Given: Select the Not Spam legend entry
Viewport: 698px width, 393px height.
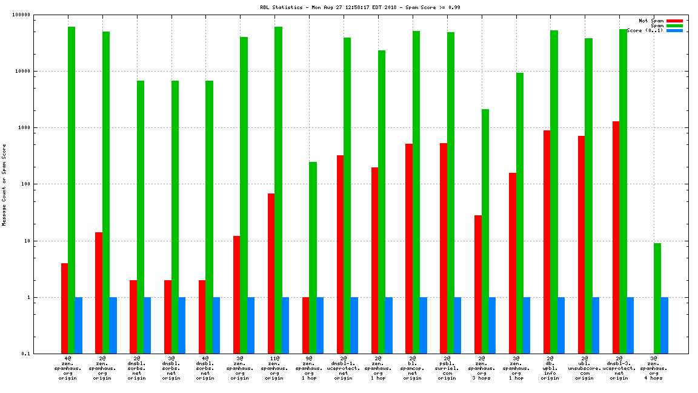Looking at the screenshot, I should [x=651, y=21].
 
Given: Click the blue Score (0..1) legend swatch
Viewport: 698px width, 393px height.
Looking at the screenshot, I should [x=674, y=30].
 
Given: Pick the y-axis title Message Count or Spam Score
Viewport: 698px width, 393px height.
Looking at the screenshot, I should [x=4, y=184].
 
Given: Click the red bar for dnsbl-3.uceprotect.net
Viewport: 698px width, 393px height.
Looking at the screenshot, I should [x=616, y=237].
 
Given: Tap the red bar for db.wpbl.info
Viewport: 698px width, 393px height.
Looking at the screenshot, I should [x=547, y=242].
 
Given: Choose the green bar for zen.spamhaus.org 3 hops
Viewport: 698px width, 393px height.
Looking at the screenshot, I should [x=485, y=231].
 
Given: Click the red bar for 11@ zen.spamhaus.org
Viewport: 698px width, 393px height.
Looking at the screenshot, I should [x=271, y=274].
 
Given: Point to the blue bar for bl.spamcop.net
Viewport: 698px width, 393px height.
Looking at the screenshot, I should [x=423, y=325].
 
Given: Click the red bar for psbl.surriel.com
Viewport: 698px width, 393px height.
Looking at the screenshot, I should [x=444, y=248].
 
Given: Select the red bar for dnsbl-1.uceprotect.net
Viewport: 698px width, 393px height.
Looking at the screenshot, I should [x=340, y=254].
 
